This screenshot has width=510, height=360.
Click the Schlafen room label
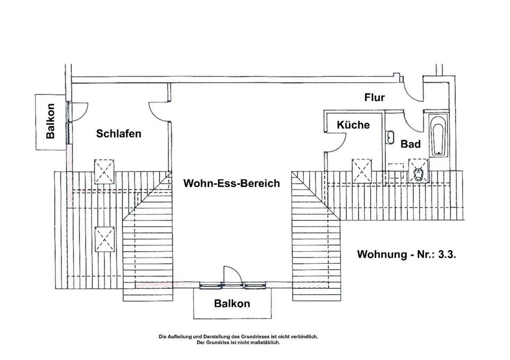click(119, 133)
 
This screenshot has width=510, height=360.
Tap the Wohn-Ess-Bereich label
click(231, 184)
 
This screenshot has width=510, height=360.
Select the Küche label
click(353, 125)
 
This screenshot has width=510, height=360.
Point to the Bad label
click(411, 144)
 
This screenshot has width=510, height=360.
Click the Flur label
click(374, 98)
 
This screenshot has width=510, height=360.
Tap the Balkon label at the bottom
click(232, 304)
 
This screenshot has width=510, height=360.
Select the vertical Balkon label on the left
click(50, 121)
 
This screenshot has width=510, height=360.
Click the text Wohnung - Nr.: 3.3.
click(406, 254)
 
